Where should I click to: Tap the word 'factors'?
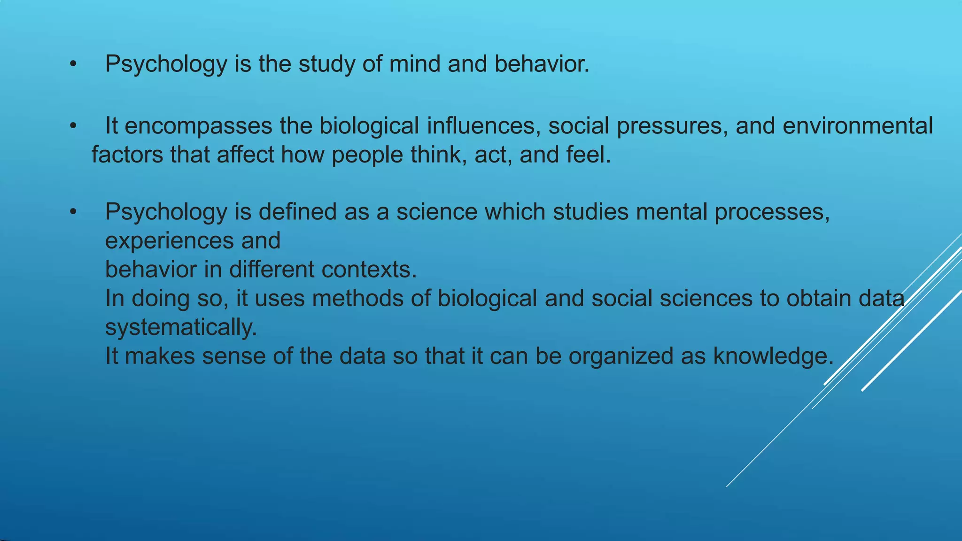point(127,155)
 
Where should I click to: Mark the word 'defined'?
point(297,212)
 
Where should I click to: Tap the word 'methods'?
point(358,298)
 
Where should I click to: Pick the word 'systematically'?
point(181,327)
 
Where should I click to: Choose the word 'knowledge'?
point(773,356)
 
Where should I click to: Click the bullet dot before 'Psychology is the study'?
point(73,64)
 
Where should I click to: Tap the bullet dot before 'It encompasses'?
point(73,126)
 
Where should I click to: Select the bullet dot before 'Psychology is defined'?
point(73,212)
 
